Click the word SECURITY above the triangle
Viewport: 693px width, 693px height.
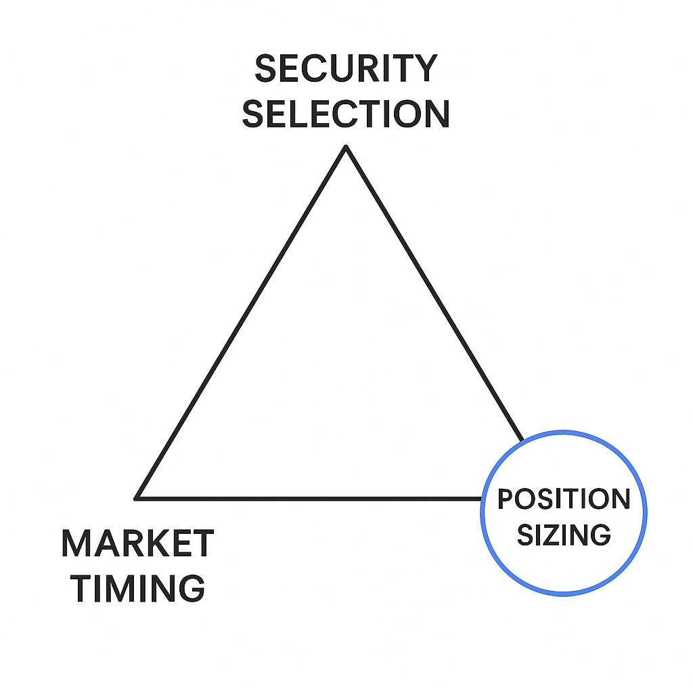(x=346, y=68)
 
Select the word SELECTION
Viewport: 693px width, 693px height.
(x=346, y=114)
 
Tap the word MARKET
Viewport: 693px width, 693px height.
(x=137, y=543)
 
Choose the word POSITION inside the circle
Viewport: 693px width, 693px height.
(x=564, y=499)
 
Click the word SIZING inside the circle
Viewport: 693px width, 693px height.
(x=564, y=535)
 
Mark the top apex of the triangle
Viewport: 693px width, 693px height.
(x=346, y=147)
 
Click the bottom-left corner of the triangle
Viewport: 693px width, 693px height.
(x=137, y=498)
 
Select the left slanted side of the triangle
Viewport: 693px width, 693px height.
(x=242, y=322)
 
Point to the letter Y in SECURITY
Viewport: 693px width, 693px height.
(x=424, y=68)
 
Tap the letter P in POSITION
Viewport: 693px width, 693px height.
(x=504, y=499)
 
